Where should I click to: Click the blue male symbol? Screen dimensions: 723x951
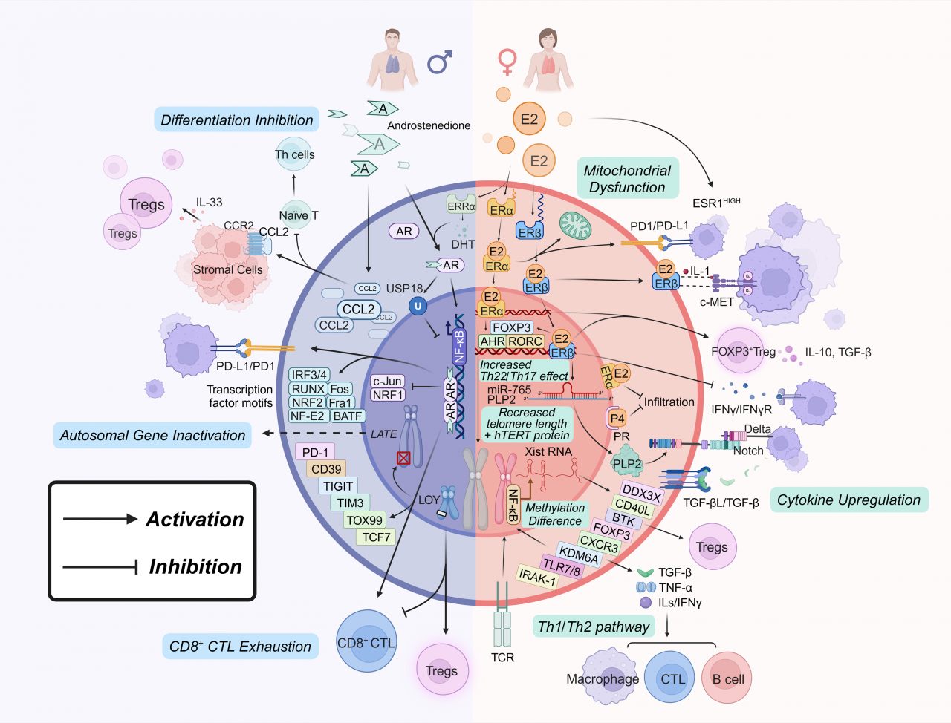point(439,62)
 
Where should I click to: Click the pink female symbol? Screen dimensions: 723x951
point(507,62)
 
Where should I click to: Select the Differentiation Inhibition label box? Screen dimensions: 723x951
point(236,120)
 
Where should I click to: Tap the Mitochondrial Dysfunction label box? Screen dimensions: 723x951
point(627,179)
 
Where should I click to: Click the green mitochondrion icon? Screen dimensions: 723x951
point(574,225)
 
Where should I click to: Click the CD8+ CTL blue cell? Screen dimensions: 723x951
point(366,642)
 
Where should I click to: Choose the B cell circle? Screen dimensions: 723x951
point(728,678)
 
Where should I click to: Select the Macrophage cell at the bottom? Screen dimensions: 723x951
point(603,678)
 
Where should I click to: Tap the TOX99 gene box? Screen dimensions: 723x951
point(364,520)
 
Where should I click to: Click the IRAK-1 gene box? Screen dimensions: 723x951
point(537,576)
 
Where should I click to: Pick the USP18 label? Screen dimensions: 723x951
point(404,288)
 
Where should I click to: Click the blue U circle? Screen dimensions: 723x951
point(418,306)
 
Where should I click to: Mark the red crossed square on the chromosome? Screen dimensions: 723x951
point(403,458)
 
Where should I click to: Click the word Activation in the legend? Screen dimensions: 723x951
point(195,519)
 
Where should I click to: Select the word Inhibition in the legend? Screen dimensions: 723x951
point(195,566)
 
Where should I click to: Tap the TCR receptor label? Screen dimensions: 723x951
point(502,657)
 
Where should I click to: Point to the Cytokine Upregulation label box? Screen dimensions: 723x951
point(848,500)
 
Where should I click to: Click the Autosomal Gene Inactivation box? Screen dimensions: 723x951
point(152,436)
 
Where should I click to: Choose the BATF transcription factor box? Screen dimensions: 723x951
point(347,416)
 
